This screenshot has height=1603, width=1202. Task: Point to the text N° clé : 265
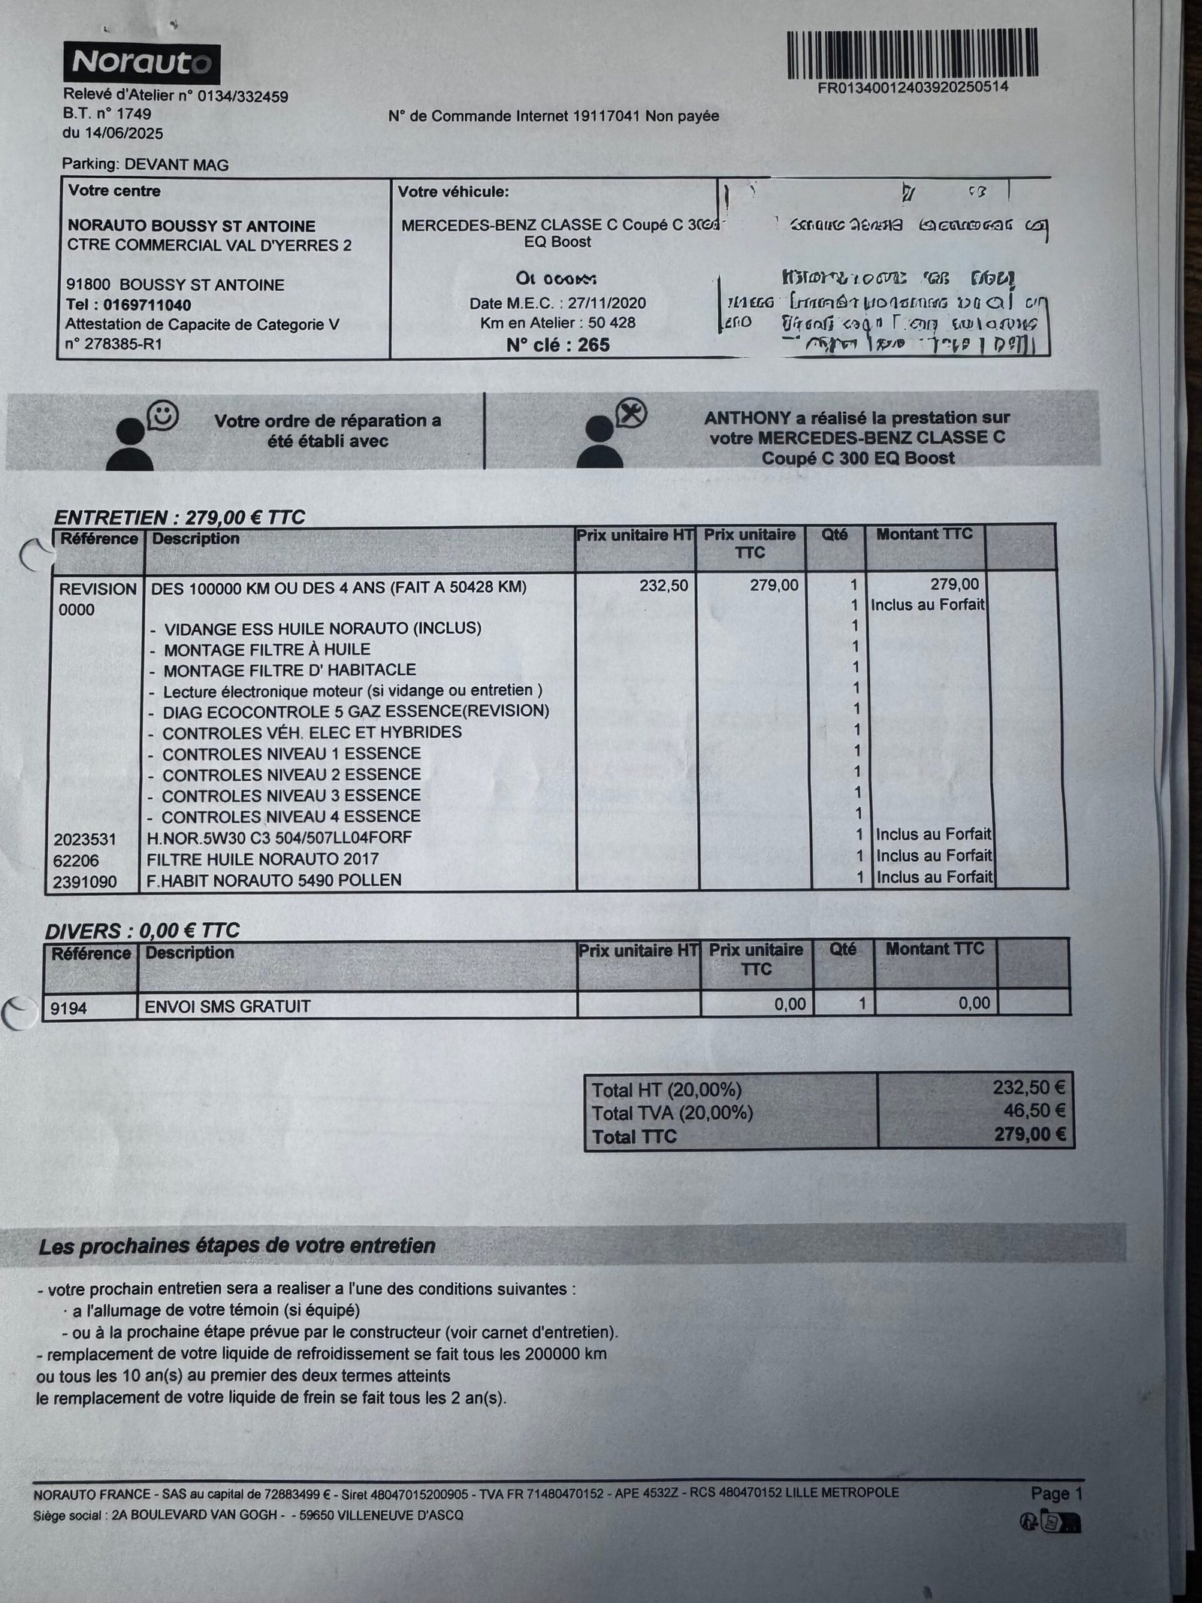[x=557, y=345]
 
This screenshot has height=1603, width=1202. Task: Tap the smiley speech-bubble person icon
[x=142, y=436]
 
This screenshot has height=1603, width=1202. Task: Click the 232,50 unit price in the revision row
[x=663, y=585]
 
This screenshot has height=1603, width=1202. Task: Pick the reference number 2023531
[x=85, y=839]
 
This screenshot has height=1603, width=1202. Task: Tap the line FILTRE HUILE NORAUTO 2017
[x=263, y=859]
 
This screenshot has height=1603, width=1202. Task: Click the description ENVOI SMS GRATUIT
[x=228, y=1006]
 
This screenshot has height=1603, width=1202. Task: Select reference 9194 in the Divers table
[x=69, y=1008]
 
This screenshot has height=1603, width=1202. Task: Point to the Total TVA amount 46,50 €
[x=1034, y=1111]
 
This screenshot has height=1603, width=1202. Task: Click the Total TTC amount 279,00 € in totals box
[x=1029, y=1134]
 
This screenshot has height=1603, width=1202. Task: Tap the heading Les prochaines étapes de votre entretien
[x=237, y=1246]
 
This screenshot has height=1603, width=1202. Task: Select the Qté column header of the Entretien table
[x=835, y=534]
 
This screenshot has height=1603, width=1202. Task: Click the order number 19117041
[x=606, y=116]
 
